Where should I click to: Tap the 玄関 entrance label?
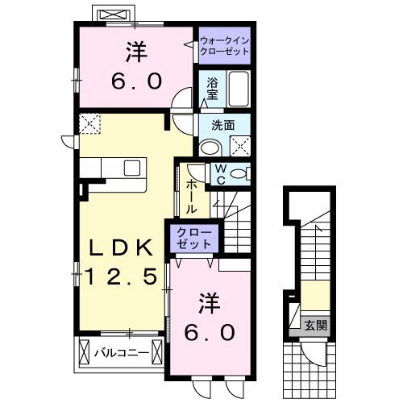click(x=315, y=326)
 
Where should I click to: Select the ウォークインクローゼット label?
click(x=223, y=44)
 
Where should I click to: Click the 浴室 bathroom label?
click(x=213, y=88)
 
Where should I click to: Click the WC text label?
click(x=218, y=174)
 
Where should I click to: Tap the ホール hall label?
click(x=192, y=196)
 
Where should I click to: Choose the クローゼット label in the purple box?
click(x=194, y=239)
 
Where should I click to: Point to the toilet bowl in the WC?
click(x=239, y=172)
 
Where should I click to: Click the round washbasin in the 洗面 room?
click(x=210, y=147)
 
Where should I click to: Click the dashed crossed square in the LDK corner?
click(x=89, y=124)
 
